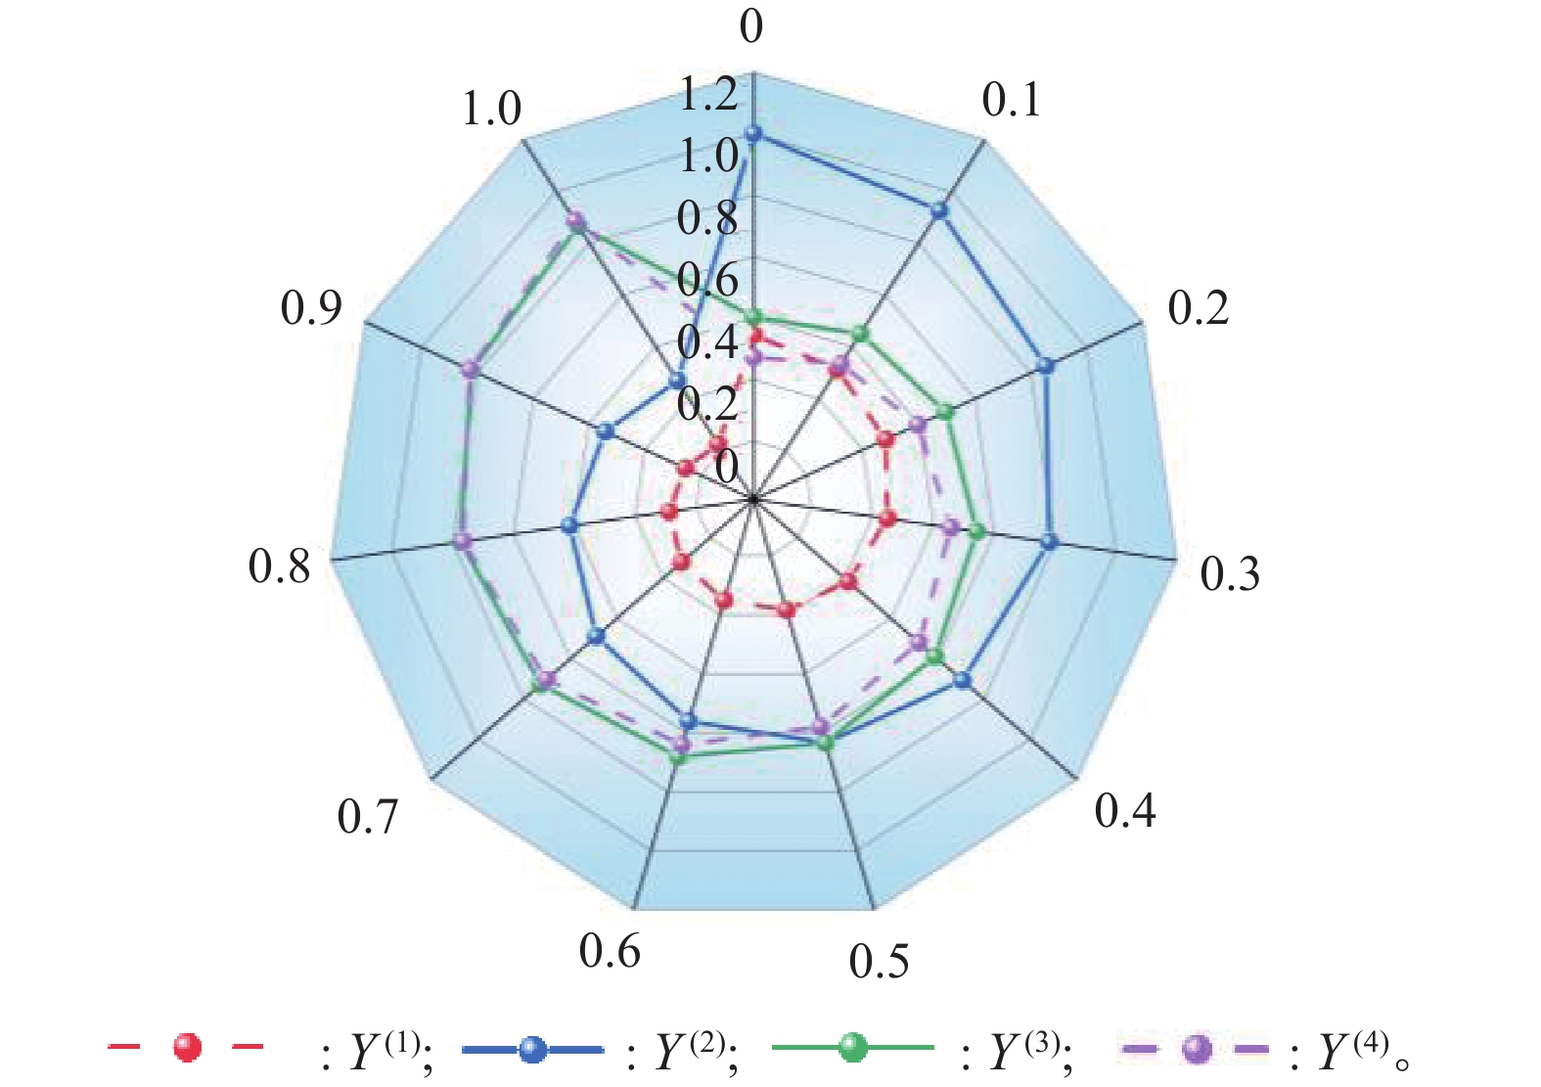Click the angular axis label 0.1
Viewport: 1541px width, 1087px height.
click(1012, 101)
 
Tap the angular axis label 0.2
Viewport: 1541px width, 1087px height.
click(1198, 308)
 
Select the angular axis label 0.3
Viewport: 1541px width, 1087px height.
click(1230, 574)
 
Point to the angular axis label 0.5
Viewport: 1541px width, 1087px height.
click(879, 962)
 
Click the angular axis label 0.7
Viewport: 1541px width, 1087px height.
click(368, 817)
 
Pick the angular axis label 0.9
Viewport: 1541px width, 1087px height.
click(311, 308)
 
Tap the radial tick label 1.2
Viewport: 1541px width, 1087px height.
click(708, 95)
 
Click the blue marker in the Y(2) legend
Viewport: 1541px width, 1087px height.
click(531, 1049)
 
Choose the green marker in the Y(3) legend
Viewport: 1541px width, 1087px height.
click(853, 1049)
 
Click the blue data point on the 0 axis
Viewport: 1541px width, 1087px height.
click(752, 133)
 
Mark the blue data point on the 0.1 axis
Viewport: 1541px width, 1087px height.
click(939, 210)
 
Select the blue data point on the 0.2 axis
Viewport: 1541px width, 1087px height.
click(1045, 366)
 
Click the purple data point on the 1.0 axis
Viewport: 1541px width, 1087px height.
click(576, 222)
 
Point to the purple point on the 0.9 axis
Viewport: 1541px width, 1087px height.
click(471, 369)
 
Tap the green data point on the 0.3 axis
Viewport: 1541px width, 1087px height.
click(975, 531)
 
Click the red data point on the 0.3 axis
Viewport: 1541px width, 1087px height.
click(887, 519)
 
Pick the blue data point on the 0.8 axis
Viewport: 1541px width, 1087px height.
click(571, 525)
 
